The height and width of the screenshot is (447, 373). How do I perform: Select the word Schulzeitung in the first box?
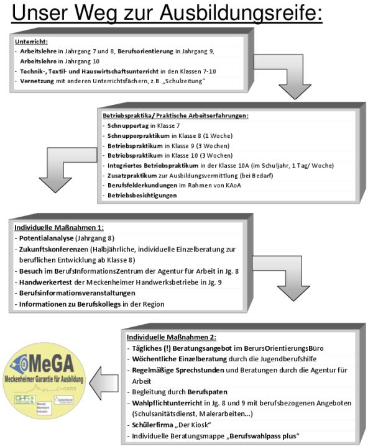[200, 81]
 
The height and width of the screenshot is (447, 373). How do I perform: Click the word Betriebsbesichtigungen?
[142, 195]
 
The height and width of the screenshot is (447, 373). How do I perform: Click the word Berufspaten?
[208, 392]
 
